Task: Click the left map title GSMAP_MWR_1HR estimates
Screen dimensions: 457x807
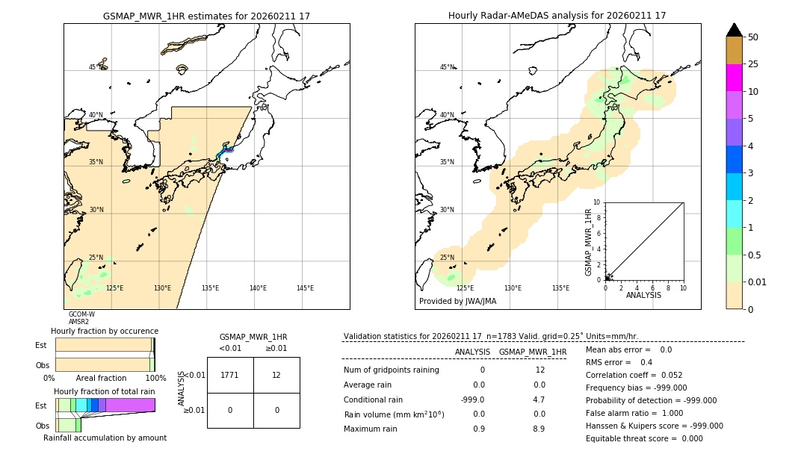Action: [206, 16]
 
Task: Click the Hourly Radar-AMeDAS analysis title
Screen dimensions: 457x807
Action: [557, 16]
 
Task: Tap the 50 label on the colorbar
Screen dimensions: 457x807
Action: [753, 37]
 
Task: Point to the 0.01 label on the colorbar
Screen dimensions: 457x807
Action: [758, 282]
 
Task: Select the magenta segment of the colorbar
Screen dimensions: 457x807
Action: [735, 78]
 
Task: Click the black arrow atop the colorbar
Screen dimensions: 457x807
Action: [735, 30]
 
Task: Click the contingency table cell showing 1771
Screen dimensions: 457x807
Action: [230, 375]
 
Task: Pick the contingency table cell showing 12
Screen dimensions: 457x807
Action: [276, 375]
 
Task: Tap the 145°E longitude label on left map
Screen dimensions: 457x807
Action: [305, 288]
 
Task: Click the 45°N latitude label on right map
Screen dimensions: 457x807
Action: [447, 67]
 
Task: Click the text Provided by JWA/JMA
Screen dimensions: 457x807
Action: [457, 302]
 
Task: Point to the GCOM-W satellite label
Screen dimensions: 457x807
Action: [81, 314]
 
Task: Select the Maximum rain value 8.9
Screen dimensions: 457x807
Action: [539, 429]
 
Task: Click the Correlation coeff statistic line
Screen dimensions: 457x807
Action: [634, 375]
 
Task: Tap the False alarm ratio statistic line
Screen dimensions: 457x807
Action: [634, 413]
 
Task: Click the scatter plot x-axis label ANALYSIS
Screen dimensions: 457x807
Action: [643, 295]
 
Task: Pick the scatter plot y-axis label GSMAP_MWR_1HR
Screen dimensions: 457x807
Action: [588, 242]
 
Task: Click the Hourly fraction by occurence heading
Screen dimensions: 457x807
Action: [105, 331]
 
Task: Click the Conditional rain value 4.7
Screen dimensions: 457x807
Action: [539, 400]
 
